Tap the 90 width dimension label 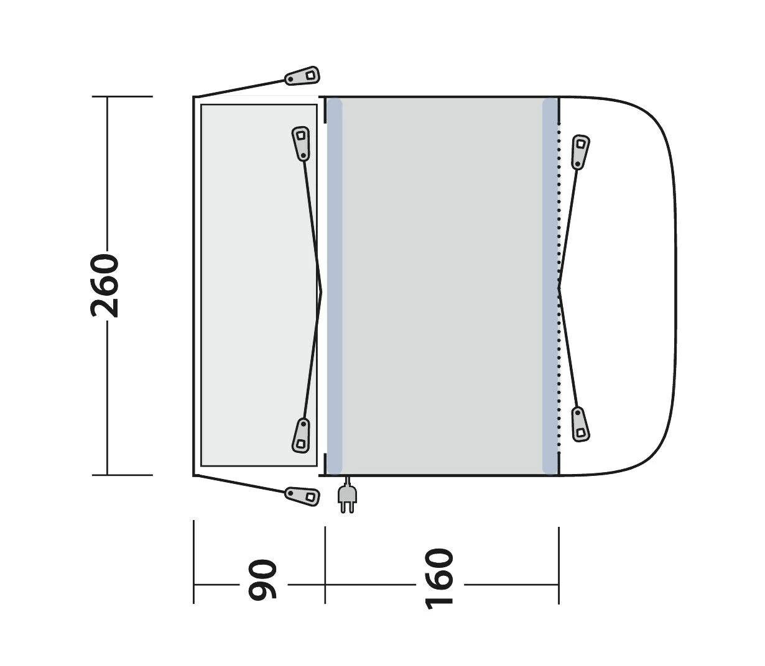point(262,580)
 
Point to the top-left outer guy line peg point(302,76)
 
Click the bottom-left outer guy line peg point(302,495)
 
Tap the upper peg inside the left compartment point(301,143)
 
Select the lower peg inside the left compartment point(301,434)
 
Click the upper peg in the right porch point(580,151)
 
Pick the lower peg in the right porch point(580,424)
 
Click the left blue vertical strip point(335,286)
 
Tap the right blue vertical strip point(550,286)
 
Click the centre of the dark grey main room point(442,286)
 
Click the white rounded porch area point(622,286)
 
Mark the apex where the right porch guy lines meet point(560,288)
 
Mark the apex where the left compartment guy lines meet point(322,290)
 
